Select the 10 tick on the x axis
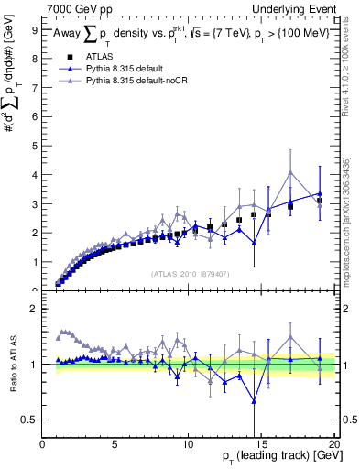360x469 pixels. point(188,445)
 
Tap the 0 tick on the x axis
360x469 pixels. point(43,445)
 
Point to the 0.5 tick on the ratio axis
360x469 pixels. point(30,420)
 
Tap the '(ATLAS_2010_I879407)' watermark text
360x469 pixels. point(189,273)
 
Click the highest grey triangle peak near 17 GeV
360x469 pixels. point(290,172)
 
